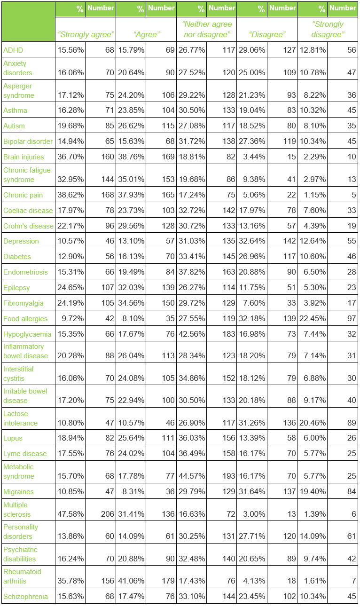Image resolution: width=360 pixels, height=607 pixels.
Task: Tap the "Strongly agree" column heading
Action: [x=86, y=34]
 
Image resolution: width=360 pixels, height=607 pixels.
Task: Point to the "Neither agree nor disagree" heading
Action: [x=207, y=29]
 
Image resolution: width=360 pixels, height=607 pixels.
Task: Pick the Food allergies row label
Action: [x=25, y=319]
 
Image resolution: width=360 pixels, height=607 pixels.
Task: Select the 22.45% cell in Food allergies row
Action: [x=313, y=318]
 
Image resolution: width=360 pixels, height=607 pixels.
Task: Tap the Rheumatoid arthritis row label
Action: [x=22, y=576]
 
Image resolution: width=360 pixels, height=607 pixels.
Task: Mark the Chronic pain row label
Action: [x=23, y=195]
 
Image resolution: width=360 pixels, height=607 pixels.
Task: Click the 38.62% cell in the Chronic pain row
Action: [x=70, y=195]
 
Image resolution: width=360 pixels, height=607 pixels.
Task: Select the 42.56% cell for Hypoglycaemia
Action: [x=192, y=334]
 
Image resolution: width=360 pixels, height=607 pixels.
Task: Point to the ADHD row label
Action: [x=13, y=50]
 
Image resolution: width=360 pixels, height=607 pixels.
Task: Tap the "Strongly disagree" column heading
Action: [x=328, y=29]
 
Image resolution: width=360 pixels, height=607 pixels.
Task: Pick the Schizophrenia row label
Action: [x=25, y=597]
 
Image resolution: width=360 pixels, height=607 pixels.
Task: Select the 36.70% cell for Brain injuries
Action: [x=70, y=157]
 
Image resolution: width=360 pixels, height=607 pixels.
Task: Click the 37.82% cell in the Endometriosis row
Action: [x=192, y=272]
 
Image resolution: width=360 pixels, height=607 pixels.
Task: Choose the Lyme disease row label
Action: [x=25, y=454]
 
